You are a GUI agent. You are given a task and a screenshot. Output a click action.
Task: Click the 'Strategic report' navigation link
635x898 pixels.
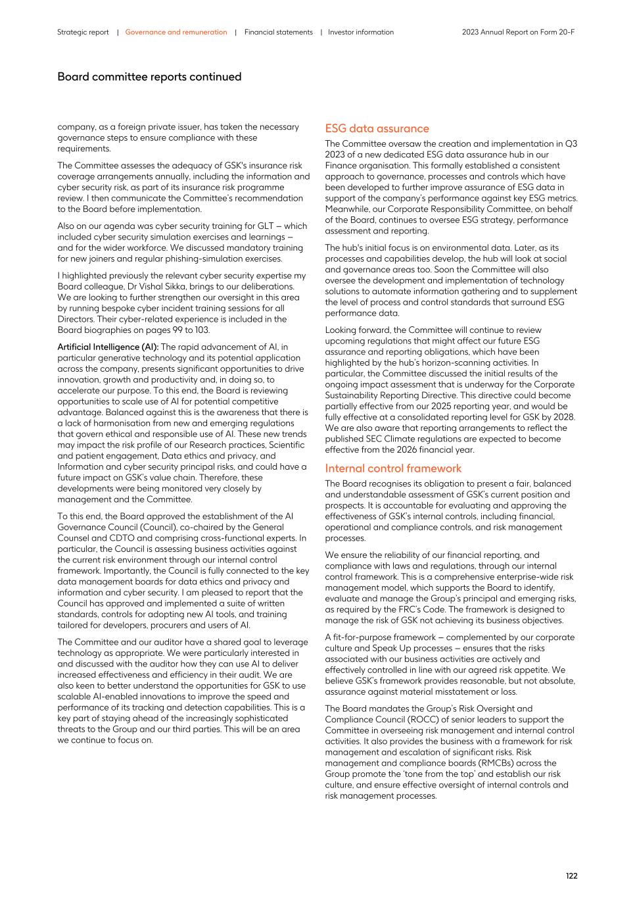click(x=83, y=32)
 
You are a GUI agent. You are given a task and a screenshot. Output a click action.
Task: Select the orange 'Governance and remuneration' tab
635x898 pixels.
click(x=176, y=32)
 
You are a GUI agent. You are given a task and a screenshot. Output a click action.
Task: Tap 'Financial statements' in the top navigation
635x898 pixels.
click(x=278, y=32)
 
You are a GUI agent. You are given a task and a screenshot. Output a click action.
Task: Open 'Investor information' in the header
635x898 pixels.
click(x=361, y=32)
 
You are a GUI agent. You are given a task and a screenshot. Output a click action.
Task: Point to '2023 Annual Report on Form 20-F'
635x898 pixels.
click(x=518, y=32)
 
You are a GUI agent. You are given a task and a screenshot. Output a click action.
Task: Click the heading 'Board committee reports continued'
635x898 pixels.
click(x=149, y=77)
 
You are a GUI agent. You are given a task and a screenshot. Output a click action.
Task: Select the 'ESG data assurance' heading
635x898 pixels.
click(x=377, y=129)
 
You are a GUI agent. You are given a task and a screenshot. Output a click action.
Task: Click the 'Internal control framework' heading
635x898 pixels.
click(x=393, y=468)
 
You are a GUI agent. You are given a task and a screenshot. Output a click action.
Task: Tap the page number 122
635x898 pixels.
click(x=571, y=876)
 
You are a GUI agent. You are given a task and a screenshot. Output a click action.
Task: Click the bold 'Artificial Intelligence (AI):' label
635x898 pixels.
click(x=108, y=347)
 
